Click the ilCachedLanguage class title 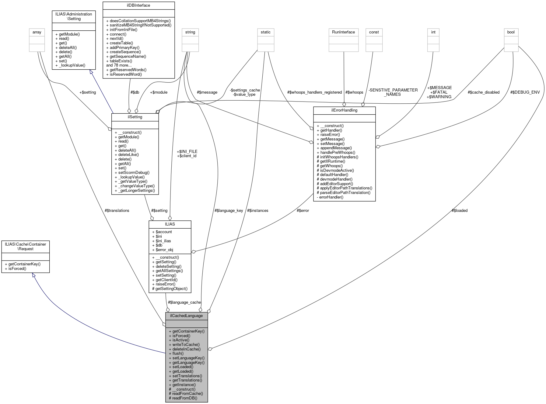click(x=186, y=316)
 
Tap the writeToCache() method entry click(x=186, y=344)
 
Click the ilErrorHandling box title click(x=344, y=110)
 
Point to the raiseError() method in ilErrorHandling click(x=330, y=135)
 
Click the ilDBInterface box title click(x=138, y=5)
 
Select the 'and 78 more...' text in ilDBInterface click(x=119, y=65)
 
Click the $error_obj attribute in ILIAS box click(x=164, y=250)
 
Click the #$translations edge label click(x=117, y=210)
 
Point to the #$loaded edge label click(x=460, y=210)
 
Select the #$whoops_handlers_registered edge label click(x=314, y=92)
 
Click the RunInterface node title click(x=343, y=32)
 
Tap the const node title click(x=374, y=32)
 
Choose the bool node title click(x=511, y=32)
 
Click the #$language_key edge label click(x=229, y=210)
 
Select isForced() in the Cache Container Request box click(x=17, y=268)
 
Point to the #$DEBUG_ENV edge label click(x=525, y=92)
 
